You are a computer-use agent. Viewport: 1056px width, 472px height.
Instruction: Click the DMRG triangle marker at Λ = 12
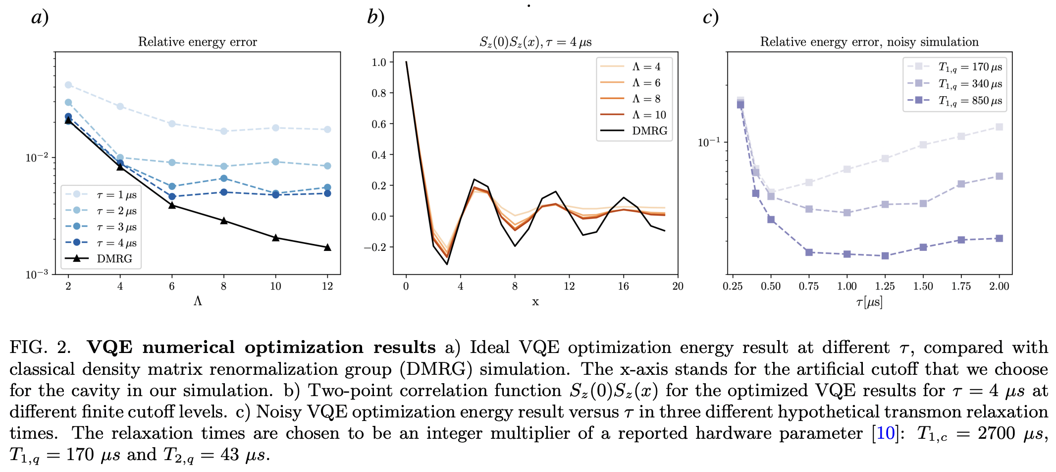(327, 247)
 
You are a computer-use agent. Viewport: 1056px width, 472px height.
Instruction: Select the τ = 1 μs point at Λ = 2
(68, 85)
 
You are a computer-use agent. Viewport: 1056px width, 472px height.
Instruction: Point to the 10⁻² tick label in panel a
(37, 158)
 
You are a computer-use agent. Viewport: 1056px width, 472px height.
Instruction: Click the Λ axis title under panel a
(198, 301)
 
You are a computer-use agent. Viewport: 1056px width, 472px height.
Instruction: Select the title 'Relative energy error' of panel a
(197, 42)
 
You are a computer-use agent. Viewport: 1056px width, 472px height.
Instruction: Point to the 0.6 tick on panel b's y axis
(379, 124)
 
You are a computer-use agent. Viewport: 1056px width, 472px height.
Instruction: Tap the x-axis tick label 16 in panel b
(623, 286)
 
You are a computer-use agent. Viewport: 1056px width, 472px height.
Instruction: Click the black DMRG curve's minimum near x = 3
(447, 264)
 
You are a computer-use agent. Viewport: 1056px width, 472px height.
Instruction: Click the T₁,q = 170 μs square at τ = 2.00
(999, 127)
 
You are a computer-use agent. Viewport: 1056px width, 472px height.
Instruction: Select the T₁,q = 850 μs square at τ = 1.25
(885, 256)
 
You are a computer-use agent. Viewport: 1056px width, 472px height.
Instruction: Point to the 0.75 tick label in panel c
(808, 286)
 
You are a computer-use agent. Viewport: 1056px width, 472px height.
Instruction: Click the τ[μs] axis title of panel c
(869, 301)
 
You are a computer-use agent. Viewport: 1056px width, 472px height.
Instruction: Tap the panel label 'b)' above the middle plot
(375, 17)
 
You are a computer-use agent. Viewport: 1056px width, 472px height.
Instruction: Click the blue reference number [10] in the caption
(885, 433)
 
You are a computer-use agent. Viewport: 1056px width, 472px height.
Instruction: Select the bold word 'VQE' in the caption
(109, 347)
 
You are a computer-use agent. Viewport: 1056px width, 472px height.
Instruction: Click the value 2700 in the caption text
(996, 433)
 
